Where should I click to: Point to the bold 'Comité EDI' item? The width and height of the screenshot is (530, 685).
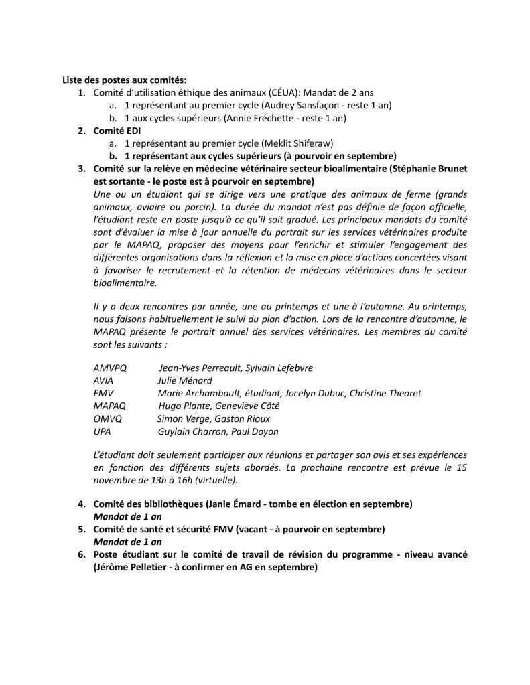118,131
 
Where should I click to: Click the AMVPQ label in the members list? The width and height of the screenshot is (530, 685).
109,368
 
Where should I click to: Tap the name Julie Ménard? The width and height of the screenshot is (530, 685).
185,380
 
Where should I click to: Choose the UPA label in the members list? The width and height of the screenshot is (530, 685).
103,431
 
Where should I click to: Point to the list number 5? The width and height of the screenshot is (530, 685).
82,529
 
